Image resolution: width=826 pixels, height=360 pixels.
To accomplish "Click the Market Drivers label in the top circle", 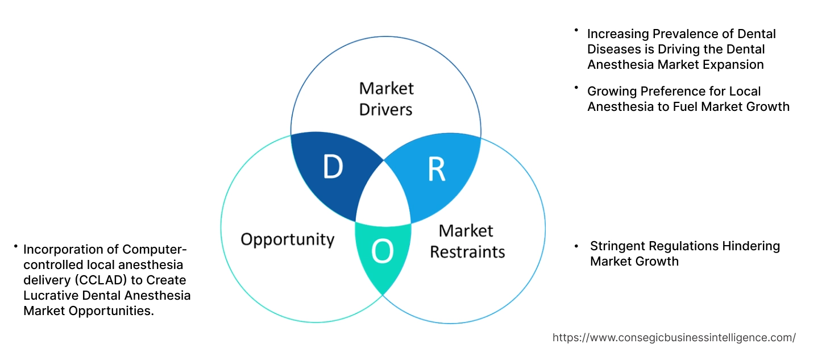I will tap(386, 98).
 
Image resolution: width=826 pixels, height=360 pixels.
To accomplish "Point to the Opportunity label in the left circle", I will tap(287, 239).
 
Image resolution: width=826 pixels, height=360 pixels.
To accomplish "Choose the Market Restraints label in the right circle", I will tap(467, 241).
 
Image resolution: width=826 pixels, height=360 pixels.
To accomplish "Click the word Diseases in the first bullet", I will tap(611, 49).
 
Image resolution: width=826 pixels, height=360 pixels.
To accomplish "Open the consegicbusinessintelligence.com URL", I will tap(674, 337).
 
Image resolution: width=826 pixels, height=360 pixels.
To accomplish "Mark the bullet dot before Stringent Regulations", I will tap(576, 246).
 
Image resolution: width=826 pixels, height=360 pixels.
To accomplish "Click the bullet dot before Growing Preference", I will tap(576, 88).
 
